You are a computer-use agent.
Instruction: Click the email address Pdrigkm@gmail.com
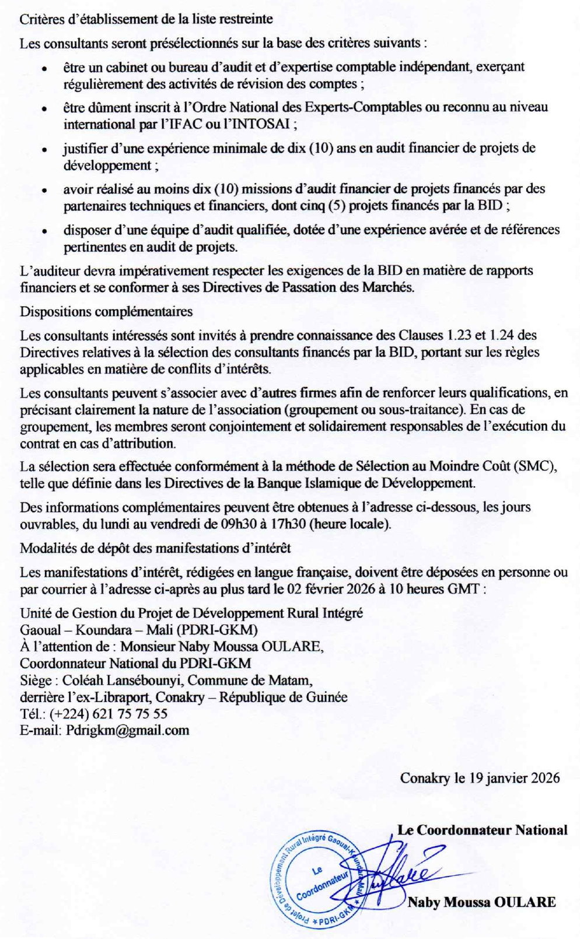(x=127, y=730)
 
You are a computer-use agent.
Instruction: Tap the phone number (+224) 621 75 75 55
(x=109, y=713)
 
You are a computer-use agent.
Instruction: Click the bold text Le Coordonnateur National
(x=482, y=830)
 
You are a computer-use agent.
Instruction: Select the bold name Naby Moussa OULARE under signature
(x=481, y=902)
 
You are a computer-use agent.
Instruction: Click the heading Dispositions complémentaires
(x=106, y=311)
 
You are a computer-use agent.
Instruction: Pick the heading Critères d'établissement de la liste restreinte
(x=146, y=19)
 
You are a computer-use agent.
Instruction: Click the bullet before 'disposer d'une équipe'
(x=44, y=231)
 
